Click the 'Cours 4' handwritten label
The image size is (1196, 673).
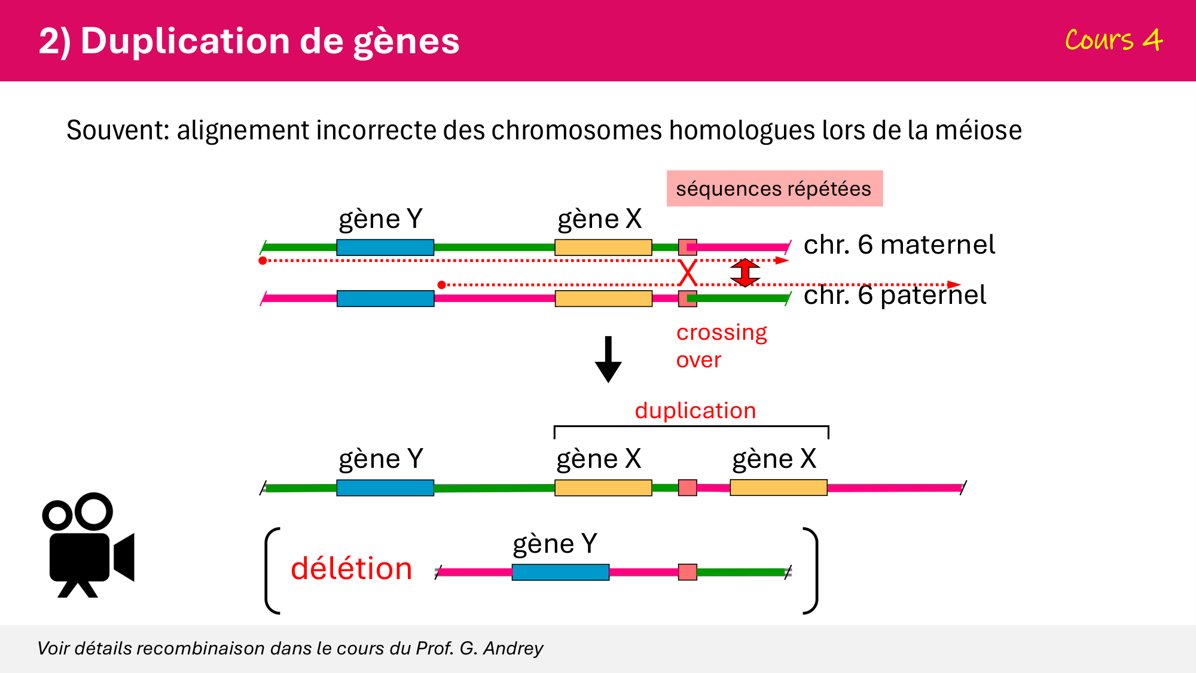pyautogui.click(x=1113, y=41)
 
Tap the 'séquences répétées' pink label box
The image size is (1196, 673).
pyautogui.click(x=774, y=188)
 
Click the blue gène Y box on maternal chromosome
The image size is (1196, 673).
pyautogui.click(x=385, y=247)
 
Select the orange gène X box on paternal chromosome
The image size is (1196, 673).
pyautogui.click(x=603, y=299)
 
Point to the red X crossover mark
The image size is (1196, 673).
pyautogui.click(x=688, y=273)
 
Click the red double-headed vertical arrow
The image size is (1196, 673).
pyautogui.click(x=745, y=273)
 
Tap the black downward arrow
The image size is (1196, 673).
pyautogui.click(x=608, y=359)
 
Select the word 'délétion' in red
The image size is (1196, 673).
pyautogui.click(x=351, y=568)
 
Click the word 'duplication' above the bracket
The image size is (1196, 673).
pyautogui.click(x=695, y=410)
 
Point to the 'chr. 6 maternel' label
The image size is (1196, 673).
pyautogui.click(x=899, y=245)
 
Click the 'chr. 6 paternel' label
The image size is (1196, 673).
pyautogui.click(x=895, y=295)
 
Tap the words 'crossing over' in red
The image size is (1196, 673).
pyautogui.click(x=721, y=346)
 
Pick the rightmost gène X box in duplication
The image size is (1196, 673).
pyautogui.click(x=778, y=488)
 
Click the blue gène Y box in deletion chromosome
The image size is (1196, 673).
pyautogui.click(x=560, y=572)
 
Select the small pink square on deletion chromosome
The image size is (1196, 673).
pyautogui.click(x=687, y=572)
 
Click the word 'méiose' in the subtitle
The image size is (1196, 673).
pyautogui.click(x=978, y=130)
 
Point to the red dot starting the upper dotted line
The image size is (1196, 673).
pyautogui.click(x=263, y=261)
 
